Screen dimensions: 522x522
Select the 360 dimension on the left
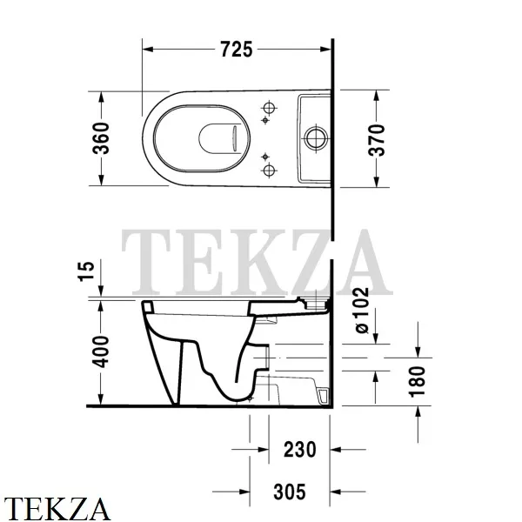[102, 137]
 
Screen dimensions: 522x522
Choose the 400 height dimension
[102, 352]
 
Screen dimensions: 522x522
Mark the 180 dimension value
[420, 380]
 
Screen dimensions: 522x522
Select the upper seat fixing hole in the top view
[269, 109]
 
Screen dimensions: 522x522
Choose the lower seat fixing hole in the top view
[269, 167]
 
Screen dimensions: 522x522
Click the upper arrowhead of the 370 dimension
[376, 93]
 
